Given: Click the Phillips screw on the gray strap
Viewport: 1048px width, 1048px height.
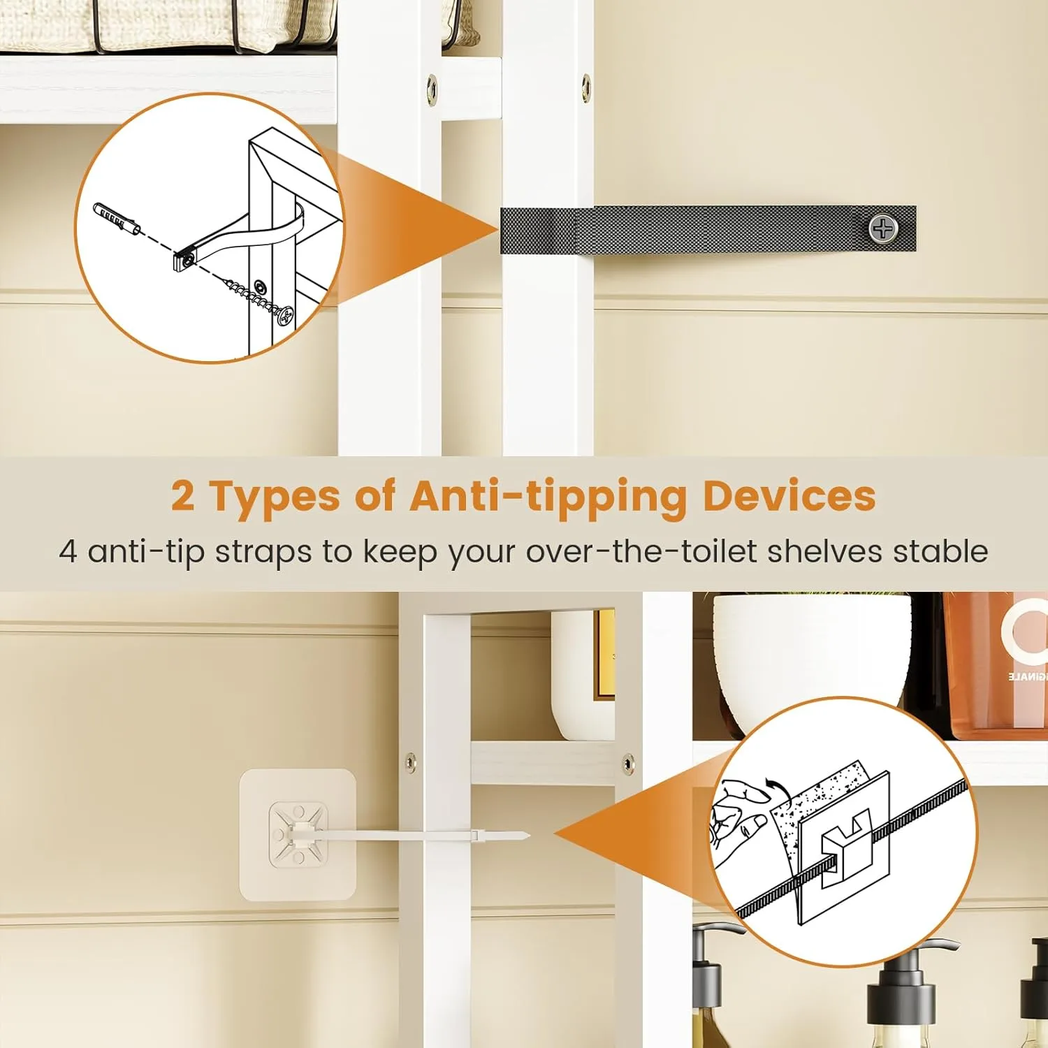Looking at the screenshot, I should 883,229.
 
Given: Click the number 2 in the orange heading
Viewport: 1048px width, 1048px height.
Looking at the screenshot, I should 183,496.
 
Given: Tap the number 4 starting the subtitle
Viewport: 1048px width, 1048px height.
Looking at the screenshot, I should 68,551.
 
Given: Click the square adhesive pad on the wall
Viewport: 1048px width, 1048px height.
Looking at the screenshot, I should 298,835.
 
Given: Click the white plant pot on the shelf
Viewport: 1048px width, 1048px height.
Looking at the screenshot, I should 810,650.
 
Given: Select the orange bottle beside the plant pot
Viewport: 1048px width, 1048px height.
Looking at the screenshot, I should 996,671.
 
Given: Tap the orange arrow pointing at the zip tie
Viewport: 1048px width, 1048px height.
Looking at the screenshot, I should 629,831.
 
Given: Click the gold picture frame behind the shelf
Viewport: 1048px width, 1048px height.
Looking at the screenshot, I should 604,653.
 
